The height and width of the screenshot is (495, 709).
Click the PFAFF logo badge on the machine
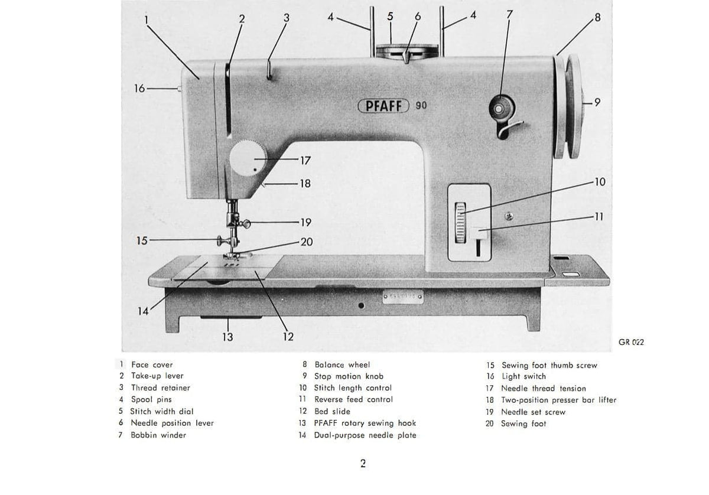click(x=384, y=106)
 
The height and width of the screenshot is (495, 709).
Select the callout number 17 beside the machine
click(x=305, y=161)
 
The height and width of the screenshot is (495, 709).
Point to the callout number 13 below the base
click(x=227, y=337)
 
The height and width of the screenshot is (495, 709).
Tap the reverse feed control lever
click(x=479, y=236)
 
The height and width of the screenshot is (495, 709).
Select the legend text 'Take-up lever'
click(x=157, y=376)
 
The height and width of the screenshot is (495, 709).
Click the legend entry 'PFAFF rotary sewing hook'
click(x=365, y=423)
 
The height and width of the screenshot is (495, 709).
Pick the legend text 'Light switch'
click(x=523, y=376)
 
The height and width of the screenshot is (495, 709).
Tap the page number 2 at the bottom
click(x=363, y=464)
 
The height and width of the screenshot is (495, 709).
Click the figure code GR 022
click(x=631, y=343)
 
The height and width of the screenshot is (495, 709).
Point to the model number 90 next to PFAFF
click(x=421, y=106)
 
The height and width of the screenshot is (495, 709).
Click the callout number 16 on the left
click(x=139, y=89)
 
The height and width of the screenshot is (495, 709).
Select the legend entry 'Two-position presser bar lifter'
click(x=558, y=400)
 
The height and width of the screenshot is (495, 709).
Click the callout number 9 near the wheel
click(x=597, y=103)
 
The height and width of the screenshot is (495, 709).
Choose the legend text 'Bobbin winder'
click(x=158, y=435)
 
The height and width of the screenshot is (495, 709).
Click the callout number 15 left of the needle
click(x=142, y=240)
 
